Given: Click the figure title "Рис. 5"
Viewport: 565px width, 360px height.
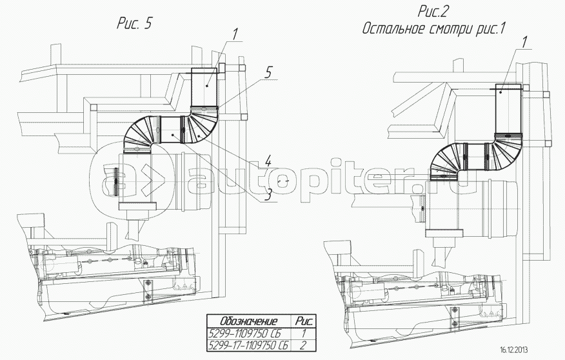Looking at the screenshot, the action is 134,24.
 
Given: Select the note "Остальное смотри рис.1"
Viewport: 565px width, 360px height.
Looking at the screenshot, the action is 433,28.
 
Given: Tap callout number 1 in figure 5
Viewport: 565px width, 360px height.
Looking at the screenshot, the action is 235,34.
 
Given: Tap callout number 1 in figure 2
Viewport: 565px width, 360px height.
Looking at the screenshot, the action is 524,42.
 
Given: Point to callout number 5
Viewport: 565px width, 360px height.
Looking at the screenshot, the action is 268,73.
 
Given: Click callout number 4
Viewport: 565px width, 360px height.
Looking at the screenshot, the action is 268,162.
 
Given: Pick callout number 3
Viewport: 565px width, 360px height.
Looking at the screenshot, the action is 268,195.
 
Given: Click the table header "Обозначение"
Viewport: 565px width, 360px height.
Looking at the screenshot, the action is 249,321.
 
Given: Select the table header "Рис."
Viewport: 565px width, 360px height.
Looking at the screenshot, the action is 303,321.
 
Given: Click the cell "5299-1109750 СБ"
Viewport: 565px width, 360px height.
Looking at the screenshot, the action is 244,333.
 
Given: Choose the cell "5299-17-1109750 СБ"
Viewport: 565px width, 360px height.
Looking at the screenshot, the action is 248,345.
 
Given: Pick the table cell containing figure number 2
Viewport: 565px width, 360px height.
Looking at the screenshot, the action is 303,345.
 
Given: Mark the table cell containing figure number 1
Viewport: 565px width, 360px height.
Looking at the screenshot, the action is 303,333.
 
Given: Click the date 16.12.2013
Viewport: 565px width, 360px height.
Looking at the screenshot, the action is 515,350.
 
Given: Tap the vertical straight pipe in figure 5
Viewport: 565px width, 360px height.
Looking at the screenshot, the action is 204,88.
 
